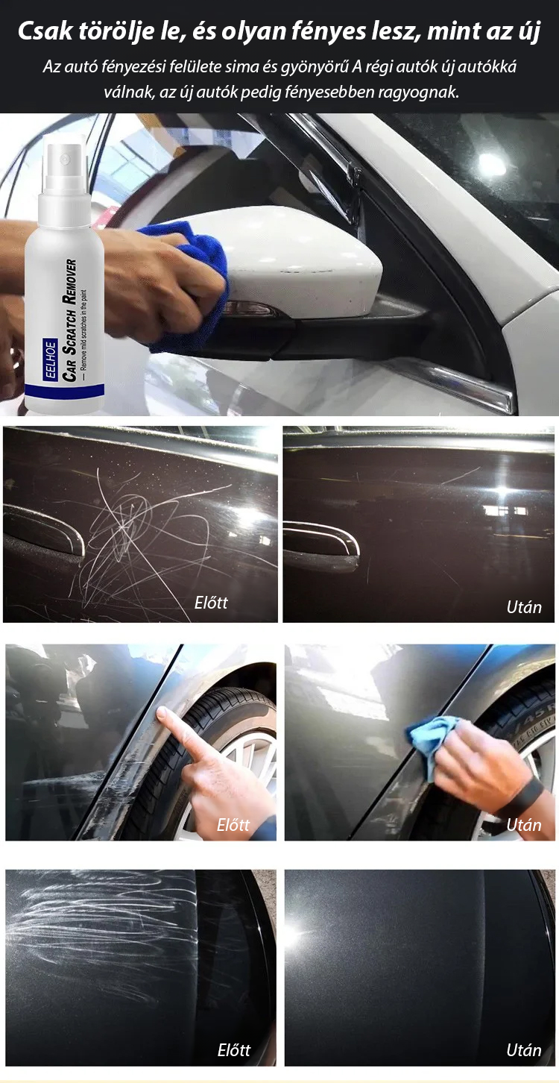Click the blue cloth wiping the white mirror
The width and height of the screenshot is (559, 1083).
click(x=193, y=280)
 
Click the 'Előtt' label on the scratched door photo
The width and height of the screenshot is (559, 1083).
click(x=211, y=603)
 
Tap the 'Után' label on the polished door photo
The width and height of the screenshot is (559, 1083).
click(x=524, y=607)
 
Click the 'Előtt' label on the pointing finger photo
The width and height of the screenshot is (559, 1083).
click(x=233, y=825)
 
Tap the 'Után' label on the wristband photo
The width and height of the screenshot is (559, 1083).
click(x=524, y=825)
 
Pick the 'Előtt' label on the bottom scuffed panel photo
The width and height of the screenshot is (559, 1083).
click(x=234, y=1049)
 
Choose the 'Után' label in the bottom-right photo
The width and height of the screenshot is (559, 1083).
click(x=524, y=1049)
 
